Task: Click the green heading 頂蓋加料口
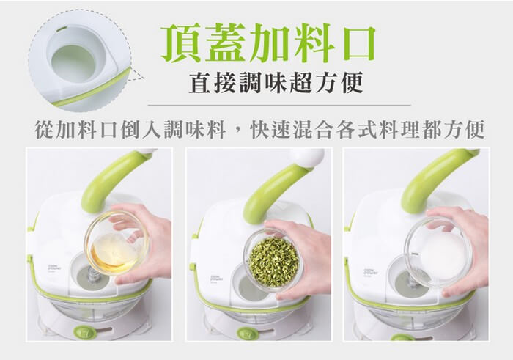click(268, 43)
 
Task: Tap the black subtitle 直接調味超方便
click(276, 82)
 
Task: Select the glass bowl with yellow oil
click(117, 243)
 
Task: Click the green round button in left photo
click(84, 332)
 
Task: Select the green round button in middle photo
click(248, 333)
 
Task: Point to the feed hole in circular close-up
click(73, 63)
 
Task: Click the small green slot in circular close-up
click(61, 29)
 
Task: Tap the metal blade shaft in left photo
click(92, 274)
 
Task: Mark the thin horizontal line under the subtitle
click(279, 105)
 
